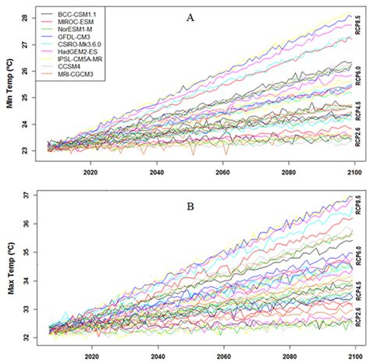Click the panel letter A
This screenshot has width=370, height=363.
(190, 16)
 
